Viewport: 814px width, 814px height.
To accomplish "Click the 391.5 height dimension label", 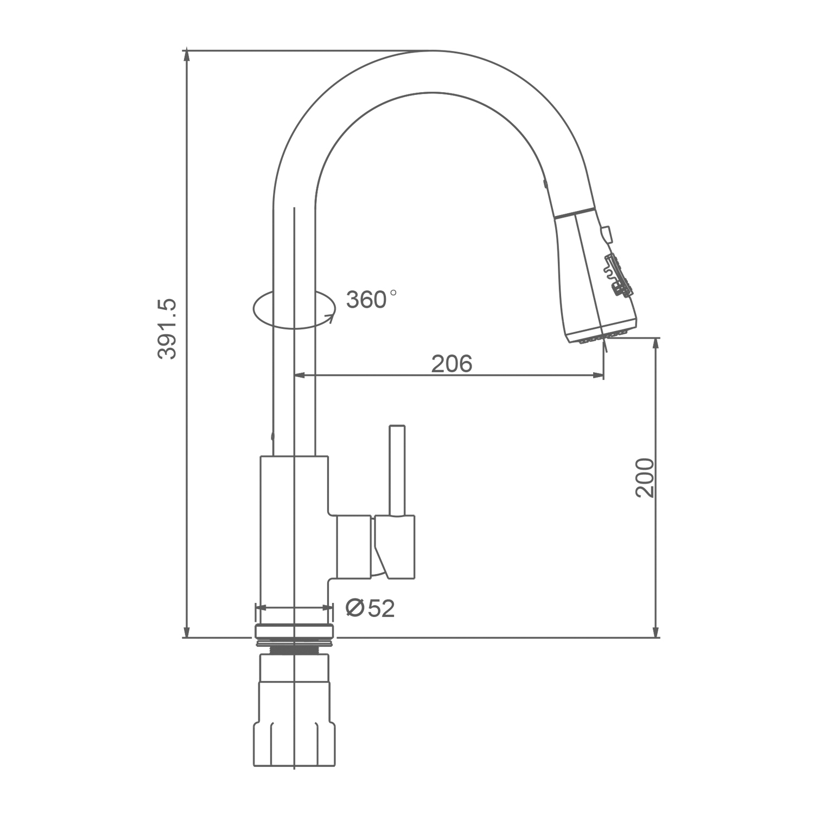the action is coord(168,328).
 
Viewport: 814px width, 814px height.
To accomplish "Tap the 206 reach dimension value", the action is coord(452,364).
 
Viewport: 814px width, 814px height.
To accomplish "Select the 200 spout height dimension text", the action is coord(645,478).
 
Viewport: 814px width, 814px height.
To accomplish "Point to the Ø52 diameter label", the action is coord(370,609).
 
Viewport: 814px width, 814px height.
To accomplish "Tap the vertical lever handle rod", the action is coord(397,470).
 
